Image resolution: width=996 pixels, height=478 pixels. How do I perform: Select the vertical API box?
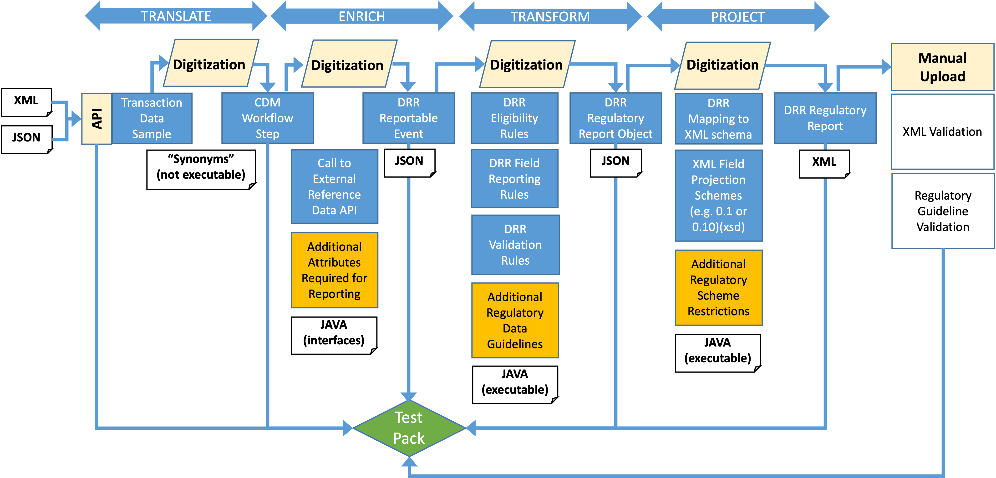click(x=97, y=119)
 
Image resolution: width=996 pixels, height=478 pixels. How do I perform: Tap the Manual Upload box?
click(x=942, y=67)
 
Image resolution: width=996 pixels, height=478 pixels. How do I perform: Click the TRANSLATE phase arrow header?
click(x=176, y=16)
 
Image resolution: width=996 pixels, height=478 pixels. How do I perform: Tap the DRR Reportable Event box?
click(x=408, y=118)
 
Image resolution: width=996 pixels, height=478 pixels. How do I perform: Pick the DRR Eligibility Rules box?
click(x=514, y=118)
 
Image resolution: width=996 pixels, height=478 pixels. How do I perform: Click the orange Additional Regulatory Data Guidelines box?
click(x=515, y=320)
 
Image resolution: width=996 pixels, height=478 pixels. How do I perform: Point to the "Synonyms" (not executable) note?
click(x=201, y=169)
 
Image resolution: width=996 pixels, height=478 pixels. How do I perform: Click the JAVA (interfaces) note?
click(x=334, y=335)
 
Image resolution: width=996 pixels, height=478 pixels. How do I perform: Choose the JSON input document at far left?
click(x=26, y=139)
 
